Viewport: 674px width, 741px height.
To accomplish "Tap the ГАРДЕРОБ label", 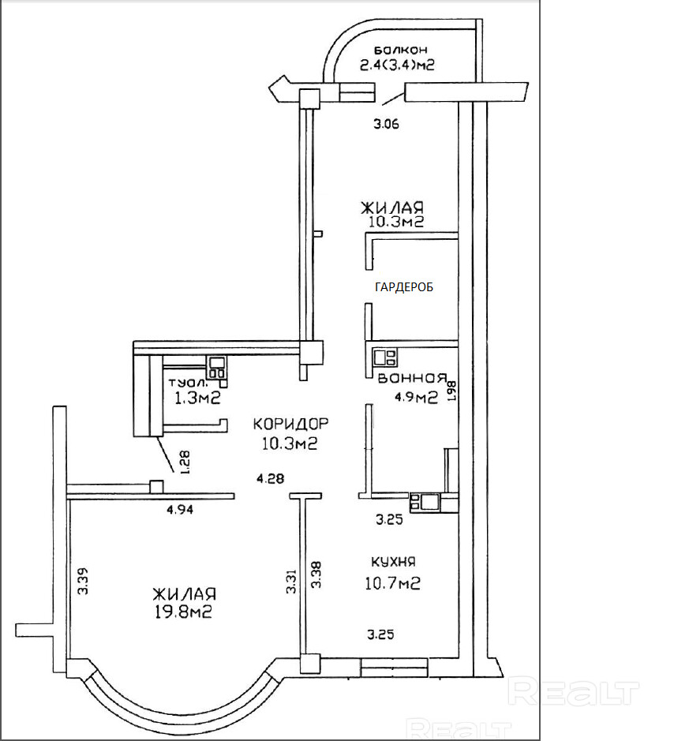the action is [x=404, y=287].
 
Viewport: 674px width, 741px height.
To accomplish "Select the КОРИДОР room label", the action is [x=290, y=425].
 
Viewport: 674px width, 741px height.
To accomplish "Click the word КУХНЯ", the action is [x=393, y=562].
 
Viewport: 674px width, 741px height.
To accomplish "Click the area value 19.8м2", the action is [x=185, y=611].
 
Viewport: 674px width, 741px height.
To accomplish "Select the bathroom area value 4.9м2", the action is [x=416, y=398].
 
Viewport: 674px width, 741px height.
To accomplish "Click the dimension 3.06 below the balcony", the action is [x=386, y=123].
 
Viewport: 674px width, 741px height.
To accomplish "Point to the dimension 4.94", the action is [x=180, y=510].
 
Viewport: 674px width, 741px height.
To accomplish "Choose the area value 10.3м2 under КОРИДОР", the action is [x=290, y=444].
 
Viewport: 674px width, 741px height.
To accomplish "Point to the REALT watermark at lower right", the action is [x=573, y=693].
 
